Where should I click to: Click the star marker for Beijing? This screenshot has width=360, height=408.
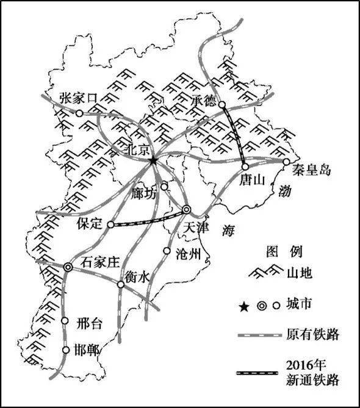(153, 160)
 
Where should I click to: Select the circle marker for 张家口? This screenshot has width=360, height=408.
(79, 113)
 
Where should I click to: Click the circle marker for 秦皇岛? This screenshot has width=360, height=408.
(286, 162)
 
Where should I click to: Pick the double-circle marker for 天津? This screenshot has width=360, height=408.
(187, 210)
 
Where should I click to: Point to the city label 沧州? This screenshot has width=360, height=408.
(187, 255)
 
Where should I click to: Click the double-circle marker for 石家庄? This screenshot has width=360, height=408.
(68, 267)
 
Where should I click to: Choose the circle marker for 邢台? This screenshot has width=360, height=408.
(66, 321)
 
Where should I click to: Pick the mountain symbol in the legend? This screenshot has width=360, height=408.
(264, 273)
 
